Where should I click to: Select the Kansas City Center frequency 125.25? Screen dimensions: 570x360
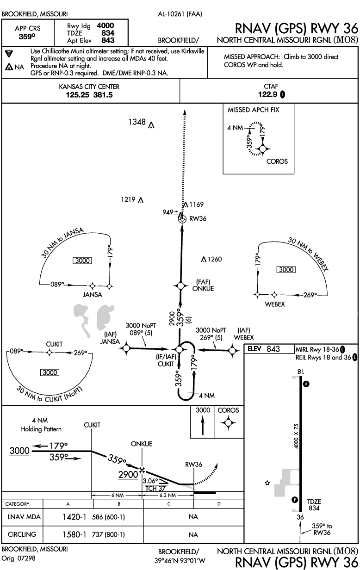coord(74,95)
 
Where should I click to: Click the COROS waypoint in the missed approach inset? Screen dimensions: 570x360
coord(262,149)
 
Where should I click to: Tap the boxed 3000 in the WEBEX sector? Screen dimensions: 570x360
coord(286,269)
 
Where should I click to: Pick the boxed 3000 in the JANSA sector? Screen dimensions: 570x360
coord(82,260)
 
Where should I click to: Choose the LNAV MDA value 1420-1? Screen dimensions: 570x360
coord(74,517)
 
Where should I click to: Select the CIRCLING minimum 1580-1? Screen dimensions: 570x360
coord(74,534)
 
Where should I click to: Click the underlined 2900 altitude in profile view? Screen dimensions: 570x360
coord(128,474)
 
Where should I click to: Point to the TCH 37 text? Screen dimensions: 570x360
coord(155,487)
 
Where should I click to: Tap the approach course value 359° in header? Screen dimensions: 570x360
coord(28,34)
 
